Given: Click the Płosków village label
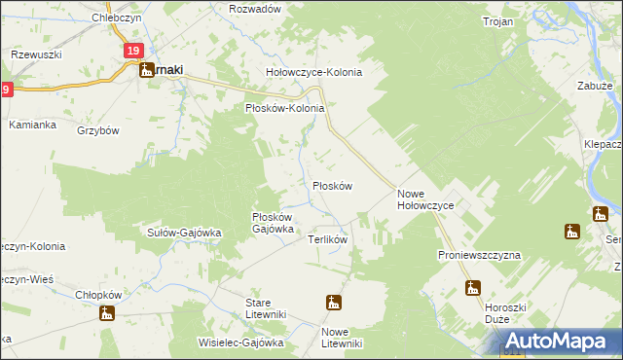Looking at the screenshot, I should [331, 185].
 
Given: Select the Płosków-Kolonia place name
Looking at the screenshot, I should [283, 108].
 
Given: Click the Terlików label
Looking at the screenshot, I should [328, 238].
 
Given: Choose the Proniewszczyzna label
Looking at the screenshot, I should [479, 254].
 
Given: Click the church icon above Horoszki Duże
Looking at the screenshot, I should [473, 287].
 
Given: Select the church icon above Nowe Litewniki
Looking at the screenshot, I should [334, 303].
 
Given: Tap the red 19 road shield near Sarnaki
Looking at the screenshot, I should [133, 51].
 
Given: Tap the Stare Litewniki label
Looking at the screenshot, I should [264, 308].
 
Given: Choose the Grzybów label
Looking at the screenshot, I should [97, 130].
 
